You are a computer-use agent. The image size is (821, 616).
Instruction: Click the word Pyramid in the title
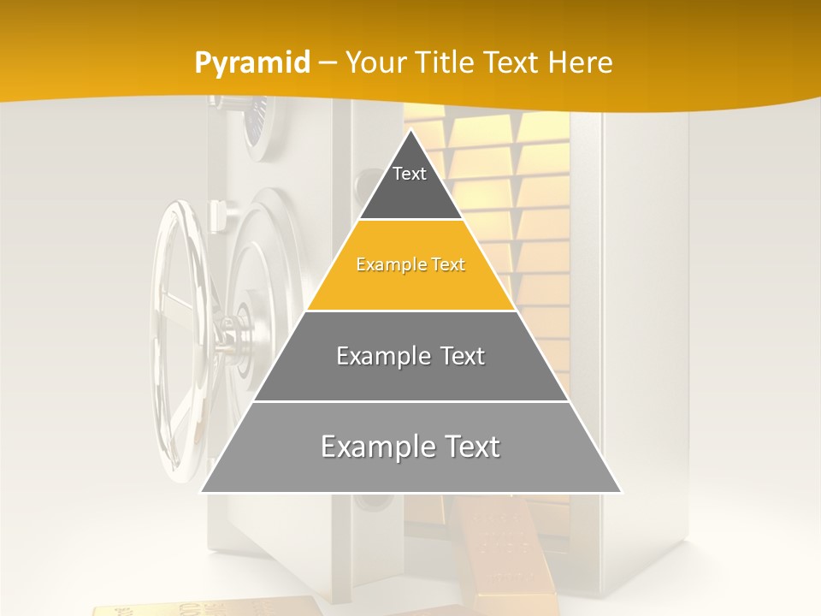point(251,63)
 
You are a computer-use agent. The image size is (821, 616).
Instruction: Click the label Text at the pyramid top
point(409,174)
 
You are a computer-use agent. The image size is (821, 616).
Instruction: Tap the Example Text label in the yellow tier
point(410,265)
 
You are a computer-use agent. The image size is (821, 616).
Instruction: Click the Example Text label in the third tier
point(410,356)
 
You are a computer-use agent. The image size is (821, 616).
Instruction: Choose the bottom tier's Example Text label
point(410,447)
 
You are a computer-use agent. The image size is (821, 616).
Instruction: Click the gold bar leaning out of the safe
point(496,548)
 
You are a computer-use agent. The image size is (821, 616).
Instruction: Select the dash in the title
point(328,63)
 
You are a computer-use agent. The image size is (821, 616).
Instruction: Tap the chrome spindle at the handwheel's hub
point(231,334)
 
